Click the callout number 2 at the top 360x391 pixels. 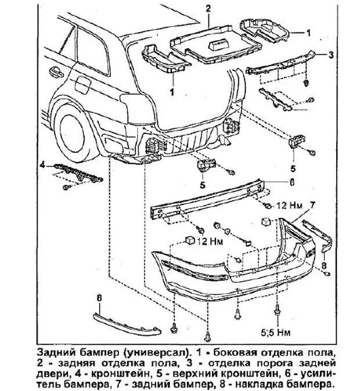point(206,9)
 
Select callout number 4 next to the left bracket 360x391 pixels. point(42,165)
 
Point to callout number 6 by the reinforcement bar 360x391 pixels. point(293,181)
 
